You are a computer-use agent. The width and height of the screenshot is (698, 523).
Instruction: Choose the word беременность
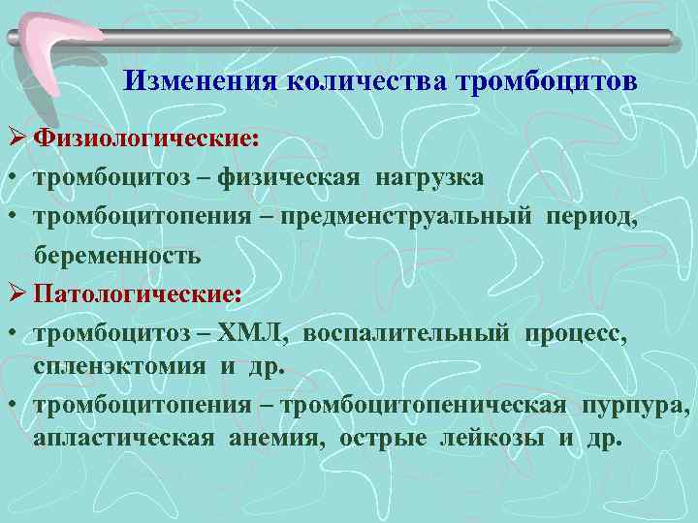coord(117,255)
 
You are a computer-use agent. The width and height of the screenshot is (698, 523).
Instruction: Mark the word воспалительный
coord(406,332)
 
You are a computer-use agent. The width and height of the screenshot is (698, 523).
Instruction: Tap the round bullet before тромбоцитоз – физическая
coord(11,178)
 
